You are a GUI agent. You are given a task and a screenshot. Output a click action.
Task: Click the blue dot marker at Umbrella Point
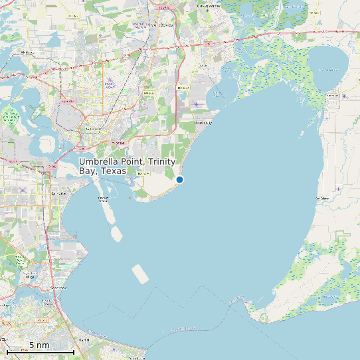point(179,179)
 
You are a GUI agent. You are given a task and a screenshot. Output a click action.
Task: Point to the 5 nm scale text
point(39,345)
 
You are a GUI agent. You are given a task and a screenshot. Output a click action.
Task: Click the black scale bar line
point(40,351)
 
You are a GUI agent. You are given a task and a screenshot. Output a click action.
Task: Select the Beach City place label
point(203,123)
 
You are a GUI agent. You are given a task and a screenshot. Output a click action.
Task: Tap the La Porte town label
point(58,193)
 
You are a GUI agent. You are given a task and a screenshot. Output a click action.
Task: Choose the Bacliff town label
point(84,340)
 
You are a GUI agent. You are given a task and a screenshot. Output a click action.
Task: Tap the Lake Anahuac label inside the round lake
point(328,69)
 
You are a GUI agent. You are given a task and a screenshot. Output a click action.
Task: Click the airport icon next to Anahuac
point(345,96)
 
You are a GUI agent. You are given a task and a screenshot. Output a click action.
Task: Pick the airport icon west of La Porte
point(23,190)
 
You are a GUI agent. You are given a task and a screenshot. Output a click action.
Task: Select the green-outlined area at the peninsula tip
point(264,317)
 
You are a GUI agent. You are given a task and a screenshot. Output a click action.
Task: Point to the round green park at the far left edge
point(10,119)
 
